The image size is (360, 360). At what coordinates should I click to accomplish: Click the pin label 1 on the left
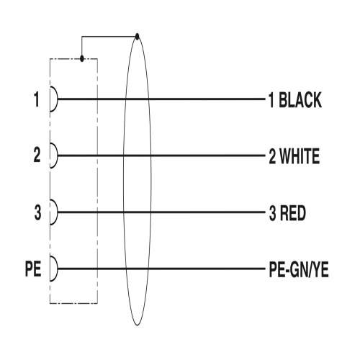tap(37, 99)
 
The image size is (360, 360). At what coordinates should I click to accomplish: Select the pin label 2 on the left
tap(37, 155)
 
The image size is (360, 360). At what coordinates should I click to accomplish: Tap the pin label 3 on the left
tap(37, 212)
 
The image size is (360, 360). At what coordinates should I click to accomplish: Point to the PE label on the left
tap(33, 269)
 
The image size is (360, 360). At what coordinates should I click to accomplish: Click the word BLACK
tap(300, 99)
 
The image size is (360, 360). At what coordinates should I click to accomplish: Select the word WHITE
tap(300, 156)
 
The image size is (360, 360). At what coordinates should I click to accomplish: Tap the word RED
tap(293, 213)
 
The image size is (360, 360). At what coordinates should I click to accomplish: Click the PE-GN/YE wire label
tap(299, 269)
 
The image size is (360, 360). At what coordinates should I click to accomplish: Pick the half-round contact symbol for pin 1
tap(58, 99)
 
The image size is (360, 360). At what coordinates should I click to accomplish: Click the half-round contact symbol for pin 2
tap(58, 156)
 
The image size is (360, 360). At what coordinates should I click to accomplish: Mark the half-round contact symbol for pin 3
tap(58, 212)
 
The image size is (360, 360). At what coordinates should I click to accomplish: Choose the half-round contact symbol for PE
tap(58, 269)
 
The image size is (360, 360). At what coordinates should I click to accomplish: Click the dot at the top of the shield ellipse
tap(137, 37)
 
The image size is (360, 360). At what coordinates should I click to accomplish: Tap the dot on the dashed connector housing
tap(82, 58)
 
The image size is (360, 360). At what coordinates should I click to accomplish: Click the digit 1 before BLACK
tap(271, 100)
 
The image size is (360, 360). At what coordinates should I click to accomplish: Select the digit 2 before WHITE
tap(272, 156)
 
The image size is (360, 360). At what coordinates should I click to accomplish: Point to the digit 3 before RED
tap(273, 213)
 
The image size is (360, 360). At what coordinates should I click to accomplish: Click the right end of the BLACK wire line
tap(265, 99)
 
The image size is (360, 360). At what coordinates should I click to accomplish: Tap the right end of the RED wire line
tap(265, 212)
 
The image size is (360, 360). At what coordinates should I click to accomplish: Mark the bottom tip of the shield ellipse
tap(138, 325)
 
